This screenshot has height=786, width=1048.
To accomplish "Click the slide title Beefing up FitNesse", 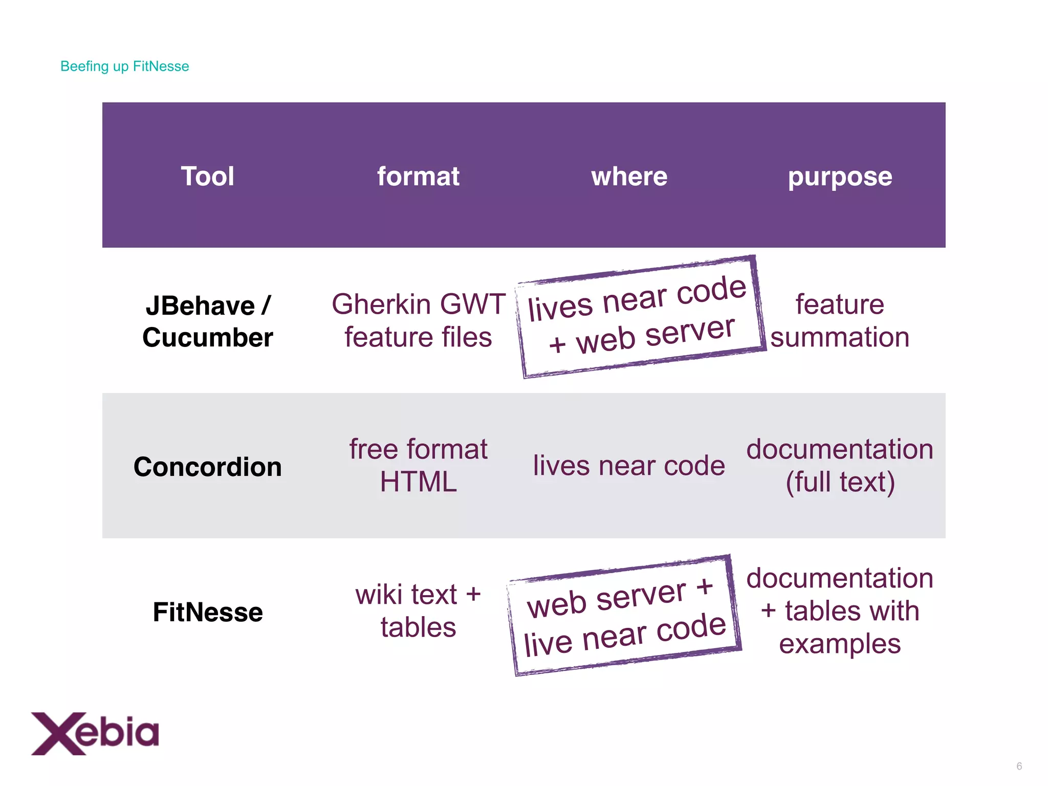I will [x=124, y=67].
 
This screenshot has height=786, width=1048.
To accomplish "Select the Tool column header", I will [x=207, y=177].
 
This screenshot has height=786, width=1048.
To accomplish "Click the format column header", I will [x=418, y=177].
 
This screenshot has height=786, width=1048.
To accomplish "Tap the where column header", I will [x=629, y=177].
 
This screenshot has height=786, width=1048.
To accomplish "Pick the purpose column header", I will [x=840, y=177].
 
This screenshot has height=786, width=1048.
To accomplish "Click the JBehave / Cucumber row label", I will [x=207, y=321].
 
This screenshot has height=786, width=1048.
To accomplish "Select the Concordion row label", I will [x=207, y=467].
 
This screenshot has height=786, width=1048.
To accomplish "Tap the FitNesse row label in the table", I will [x=207, y=612].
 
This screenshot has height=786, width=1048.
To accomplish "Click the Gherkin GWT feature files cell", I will [x=418, y=320].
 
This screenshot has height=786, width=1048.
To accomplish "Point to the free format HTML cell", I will [x=418, y=465].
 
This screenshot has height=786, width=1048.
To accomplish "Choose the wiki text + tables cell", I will [x=418, y=610].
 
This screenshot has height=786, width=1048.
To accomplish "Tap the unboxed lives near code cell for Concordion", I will [x=629, y=466].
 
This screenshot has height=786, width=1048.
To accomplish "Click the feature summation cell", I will [x=840, y=320].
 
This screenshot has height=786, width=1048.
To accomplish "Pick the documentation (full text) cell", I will [x=840, y=465].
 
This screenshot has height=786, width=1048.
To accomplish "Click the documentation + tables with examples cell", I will [x=840, y=610].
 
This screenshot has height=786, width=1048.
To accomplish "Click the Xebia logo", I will [x=95, y=733].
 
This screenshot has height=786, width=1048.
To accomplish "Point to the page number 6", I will [x=1019, y=766].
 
